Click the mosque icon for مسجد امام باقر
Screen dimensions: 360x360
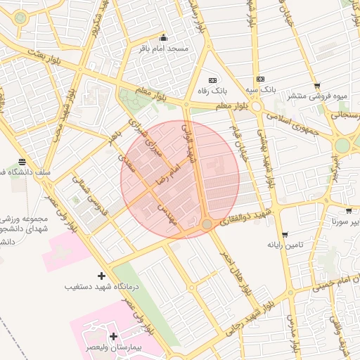click(164, 37)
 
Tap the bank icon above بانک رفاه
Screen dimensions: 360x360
click(212, 79)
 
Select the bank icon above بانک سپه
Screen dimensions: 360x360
click(260, 79)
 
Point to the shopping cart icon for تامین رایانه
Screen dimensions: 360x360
click(284, 234)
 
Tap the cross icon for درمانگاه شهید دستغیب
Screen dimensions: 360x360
click(101, 276)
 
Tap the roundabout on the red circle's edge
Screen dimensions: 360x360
click(207, 224)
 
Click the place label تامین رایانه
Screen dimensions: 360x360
click(284, 245)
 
